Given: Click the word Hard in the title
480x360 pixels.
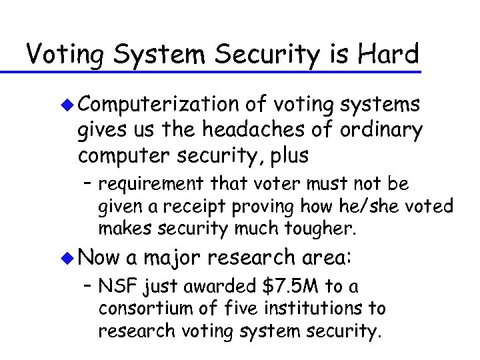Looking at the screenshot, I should [387, 54].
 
